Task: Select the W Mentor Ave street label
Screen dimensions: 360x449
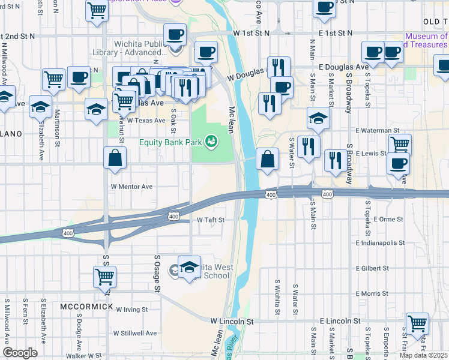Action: tap(131, 187)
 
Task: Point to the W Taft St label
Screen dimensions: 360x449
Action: tap(210, 220)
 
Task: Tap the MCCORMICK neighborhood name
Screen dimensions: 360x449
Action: tap(87, 307)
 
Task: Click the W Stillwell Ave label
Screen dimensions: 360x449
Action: tap(136, 333)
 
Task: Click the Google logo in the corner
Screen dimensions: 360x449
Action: tap(20, 353)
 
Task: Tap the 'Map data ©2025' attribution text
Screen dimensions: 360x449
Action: tap(424, 355)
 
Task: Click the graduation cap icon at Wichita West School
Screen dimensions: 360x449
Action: tap(189, 266)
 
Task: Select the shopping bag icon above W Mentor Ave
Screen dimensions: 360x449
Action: tap(115, 159)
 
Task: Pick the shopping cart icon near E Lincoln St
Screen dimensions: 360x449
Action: tap(417, 323)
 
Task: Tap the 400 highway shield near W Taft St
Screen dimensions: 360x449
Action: tap(173, 216)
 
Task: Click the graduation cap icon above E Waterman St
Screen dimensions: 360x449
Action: tap(318, 118)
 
